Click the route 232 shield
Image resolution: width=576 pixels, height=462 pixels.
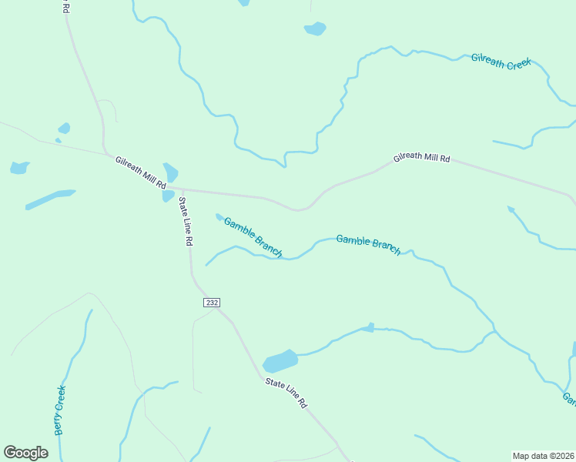pos(212,303)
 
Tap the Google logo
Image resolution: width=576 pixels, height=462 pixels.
pos(25,453)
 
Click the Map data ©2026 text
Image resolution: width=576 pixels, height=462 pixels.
pos(544,456)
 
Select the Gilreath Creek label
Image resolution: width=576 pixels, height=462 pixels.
pos(502,62)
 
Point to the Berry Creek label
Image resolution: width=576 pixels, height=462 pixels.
pos(59,410)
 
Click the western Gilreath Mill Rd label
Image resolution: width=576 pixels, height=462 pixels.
pos(141,173)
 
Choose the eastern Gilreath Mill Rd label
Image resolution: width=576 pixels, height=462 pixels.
pos(421,158)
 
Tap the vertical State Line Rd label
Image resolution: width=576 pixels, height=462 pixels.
pos(186,221)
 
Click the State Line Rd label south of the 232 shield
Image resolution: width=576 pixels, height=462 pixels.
pos(286,393)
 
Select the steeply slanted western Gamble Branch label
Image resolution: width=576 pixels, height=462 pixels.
pos(253,237)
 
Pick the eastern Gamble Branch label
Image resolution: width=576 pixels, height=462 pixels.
pos(368,244)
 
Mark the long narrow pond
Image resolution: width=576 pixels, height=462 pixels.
pos(50,199)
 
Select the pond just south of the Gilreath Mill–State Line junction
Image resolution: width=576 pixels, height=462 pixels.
pos(168,196)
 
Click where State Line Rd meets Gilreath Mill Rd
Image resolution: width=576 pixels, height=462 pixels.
pos(182,188)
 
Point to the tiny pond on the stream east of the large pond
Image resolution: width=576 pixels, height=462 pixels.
pos(370,328)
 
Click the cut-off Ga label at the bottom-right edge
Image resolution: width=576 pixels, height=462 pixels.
pos(569,398)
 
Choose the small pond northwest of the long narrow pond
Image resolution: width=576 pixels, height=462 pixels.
pos(19,167)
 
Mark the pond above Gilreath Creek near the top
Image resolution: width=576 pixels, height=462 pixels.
pos(315,28)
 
